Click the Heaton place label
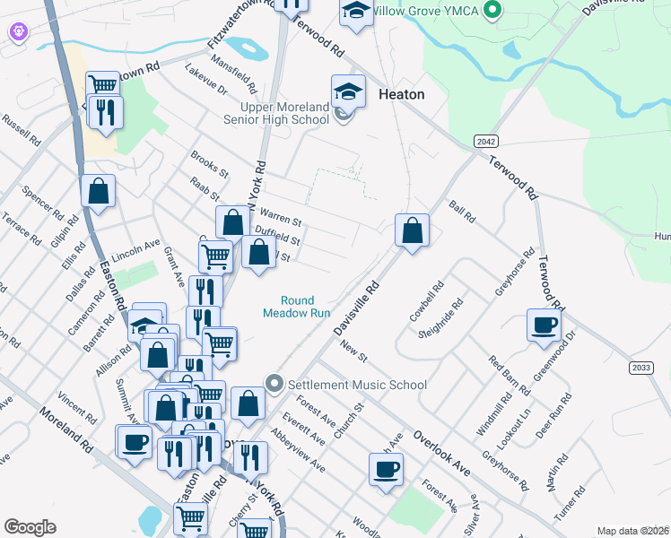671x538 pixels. click(401, 94)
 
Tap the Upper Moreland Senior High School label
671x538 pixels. click(285, 113)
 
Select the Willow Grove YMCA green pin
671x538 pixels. click(491, 11)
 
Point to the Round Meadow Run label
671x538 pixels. click(292, 308)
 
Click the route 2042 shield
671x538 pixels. click(485, 142)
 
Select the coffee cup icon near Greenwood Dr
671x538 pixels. click(544, 324)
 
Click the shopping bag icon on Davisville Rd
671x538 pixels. click(412, 231)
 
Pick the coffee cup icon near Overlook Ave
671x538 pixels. click(386, 469)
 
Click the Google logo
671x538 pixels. click(30, 527)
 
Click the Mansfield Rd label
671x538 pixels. click(233, 75)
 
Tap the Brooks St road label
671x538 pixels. click(209, 162)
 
